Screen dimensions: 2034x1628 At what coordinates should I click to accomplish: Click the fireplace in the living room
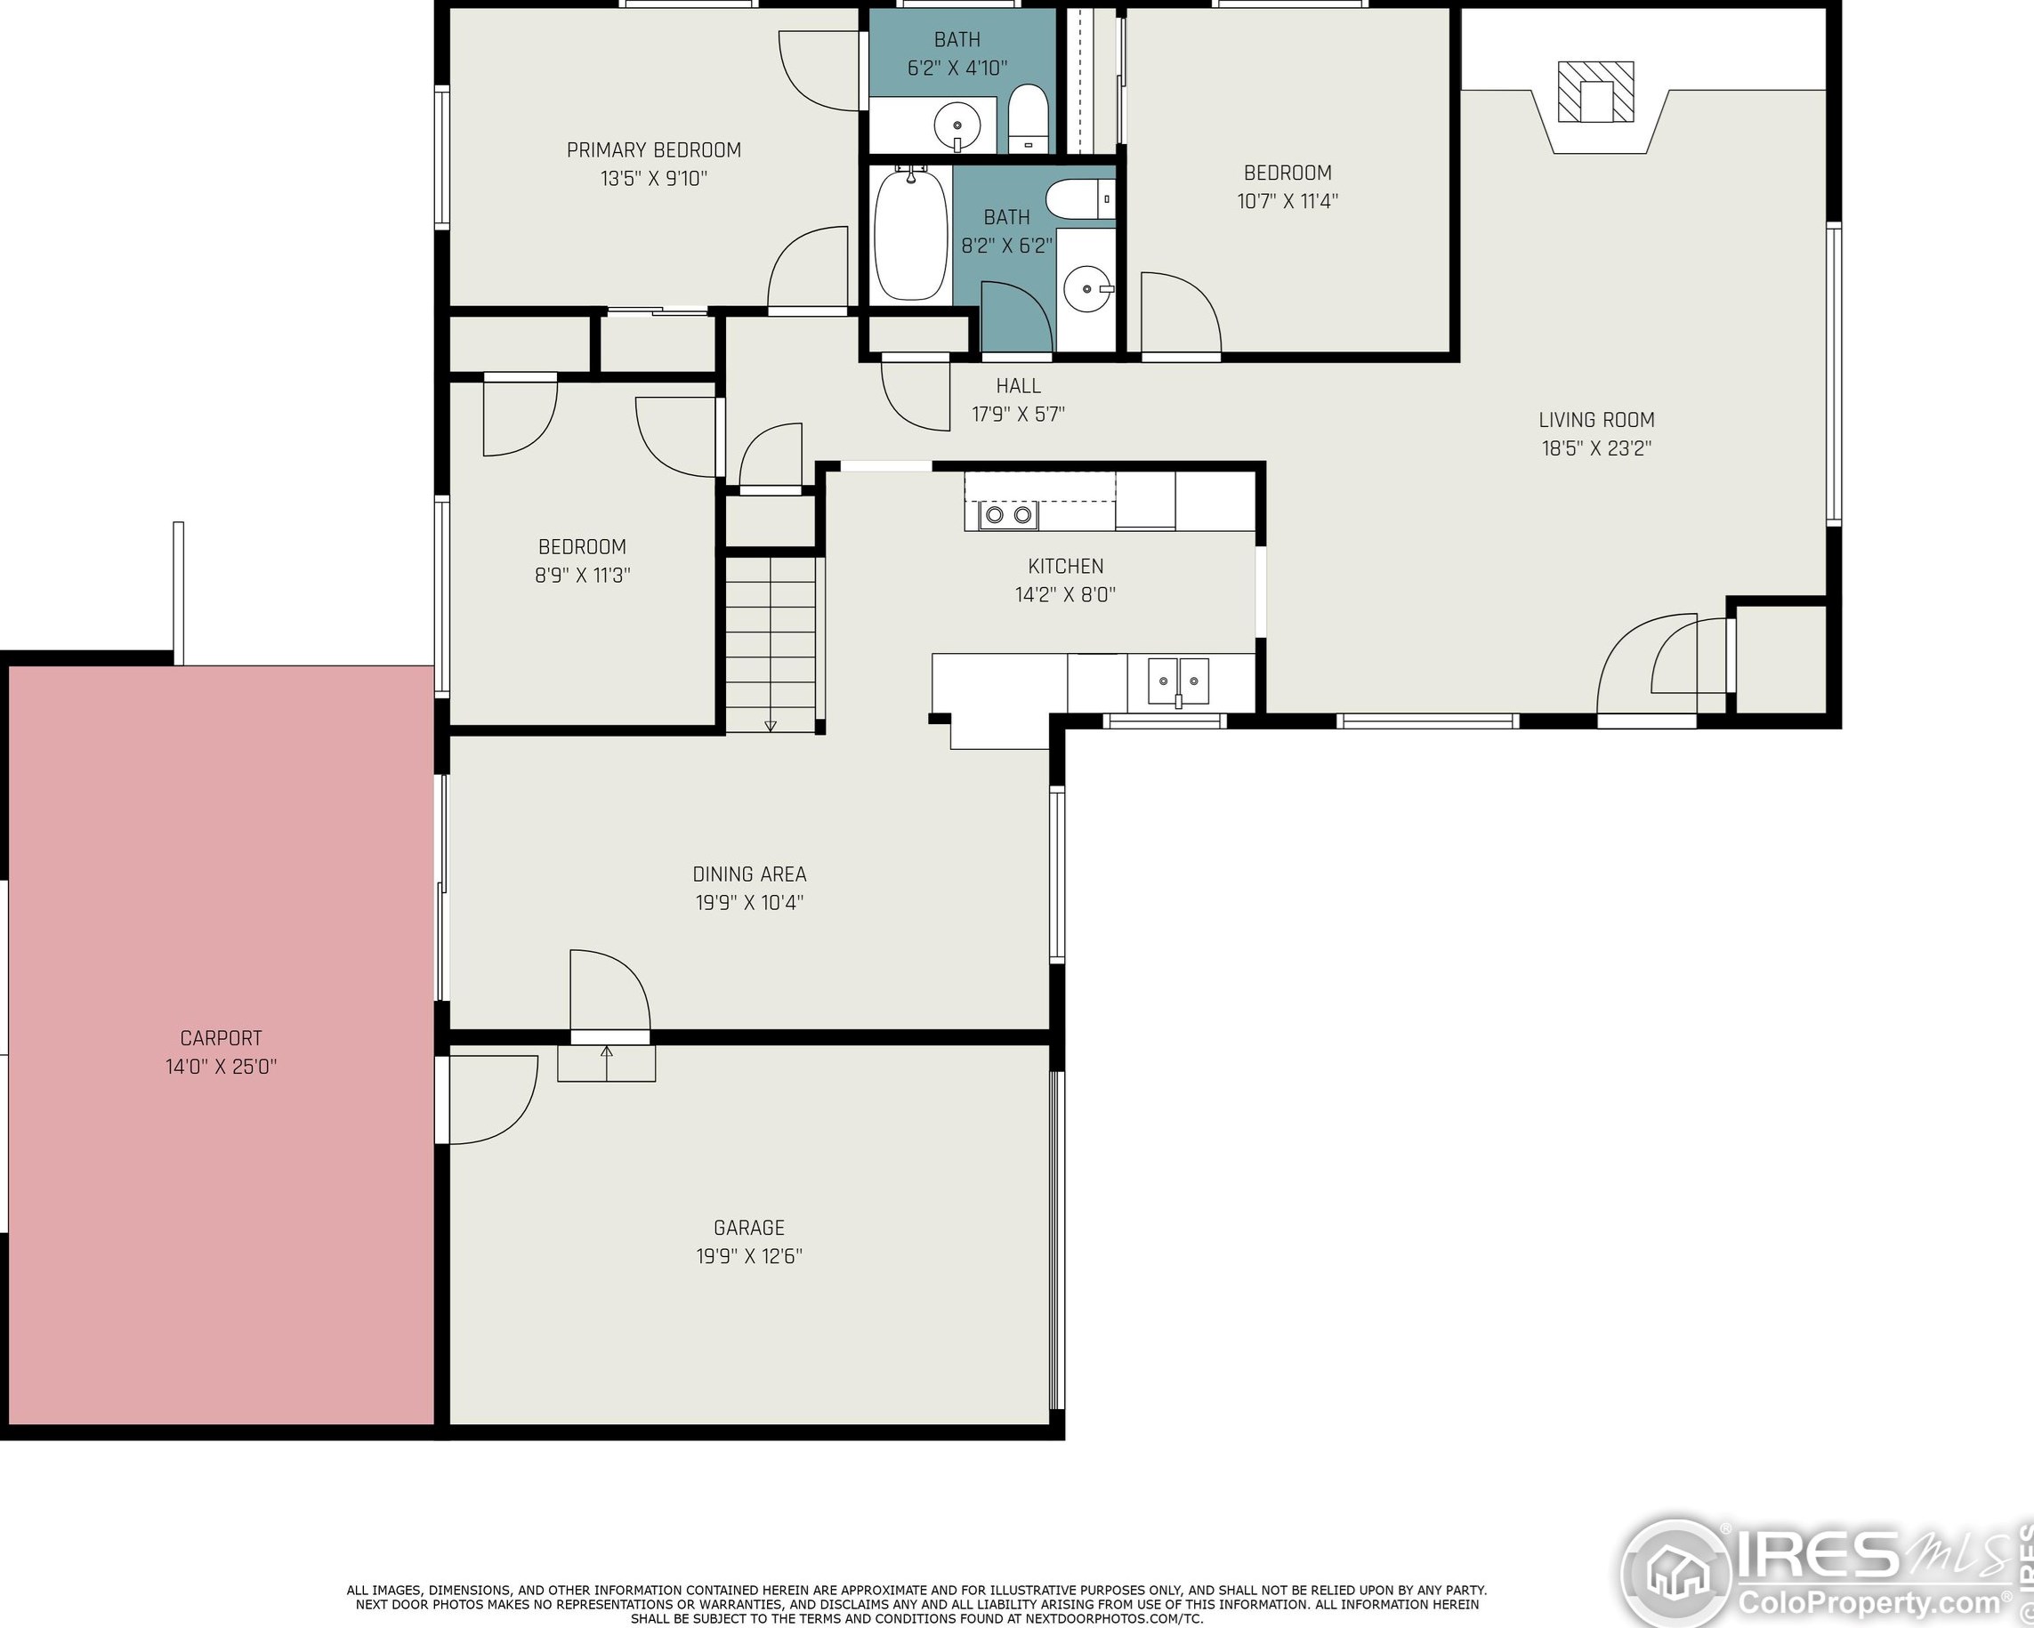(1594, 93)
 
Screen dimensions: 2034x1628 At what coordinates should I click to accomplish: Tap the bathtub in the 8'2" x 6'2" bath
(910, 233)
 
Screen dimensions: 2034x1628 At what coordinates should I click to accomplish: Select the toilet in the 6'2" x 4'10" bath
(1029, 119)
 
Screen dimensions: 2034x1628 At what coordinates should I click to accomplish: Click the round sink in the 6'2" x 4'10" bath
(956, 124)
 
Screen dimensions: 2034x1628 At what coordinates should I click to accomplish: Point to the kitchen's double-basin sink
(1178, 681)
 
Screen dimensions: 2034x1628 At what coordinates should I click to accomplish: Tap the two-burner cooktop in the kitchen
(1008, 515)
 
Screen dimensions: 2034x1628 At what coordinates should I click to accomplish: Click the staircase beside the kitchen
(770, 644)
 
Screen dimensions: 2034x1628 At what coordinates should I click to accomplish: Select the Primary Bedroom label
(654, 150)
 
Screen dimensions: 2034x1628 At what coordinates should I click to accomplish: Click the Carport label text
(221, 1038)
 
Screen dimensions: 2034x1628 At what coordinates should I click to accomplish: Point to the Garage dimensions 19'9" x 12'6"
(749, 1255)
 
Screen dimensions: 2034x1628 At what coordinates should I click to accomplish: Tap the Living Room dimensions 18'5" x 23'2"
(1596, 448)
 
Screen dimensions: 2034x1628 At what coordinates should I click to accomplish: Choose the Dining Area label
(749, 874)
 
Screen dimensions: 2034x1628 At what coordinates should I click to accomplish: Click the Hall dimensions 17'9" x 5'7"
(1018, 414)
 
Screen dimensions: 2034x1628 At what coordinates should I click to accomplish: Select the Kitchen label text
(1065, 566)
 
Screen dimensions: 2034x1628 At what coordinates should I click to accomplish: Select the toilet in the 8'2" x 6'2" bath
(1080, 199)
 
